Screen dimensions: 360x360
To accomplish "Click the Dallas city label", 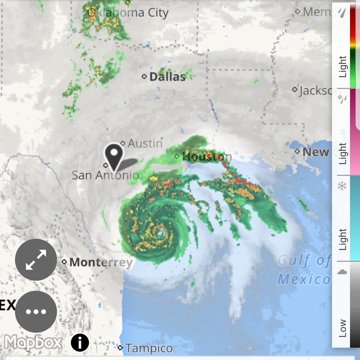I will coord(167,77).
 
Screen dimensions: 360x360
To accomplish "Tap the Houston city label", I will coord(207,156).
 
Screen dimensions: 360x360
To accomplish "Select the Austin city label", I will coord(145,143).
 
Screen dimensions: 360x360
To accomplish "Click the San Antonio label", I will coord(105,175).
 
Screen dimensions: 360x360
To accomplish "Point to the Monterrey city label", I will coord(101,262).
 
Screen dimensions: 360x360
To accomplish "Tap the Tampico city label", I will coord(149,348).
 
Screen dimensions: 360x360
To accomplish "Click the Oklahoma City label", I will coord(128,13).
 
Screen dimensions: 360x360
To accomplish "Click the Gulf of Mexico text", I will coord(304,270).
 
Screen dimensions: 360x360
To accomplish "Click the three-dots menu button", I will coord(36,312).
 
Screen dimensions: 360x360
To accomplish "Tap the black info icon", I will coord(80,342).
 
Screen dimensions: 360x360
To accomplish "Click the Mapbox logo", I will coord(33,342).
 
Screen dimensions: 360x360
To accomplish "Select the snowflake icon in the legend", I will coord(342,186).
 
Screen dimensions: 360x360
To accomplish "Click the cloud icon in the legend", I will coord(342,272).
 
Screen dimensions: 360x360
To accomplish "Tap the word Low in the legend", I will coord(343,328).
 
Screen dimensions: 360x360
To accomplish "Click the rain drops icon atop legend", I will coord(342,13).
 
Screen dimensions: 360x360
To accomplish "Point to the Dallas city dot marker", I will coord(144,77).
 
